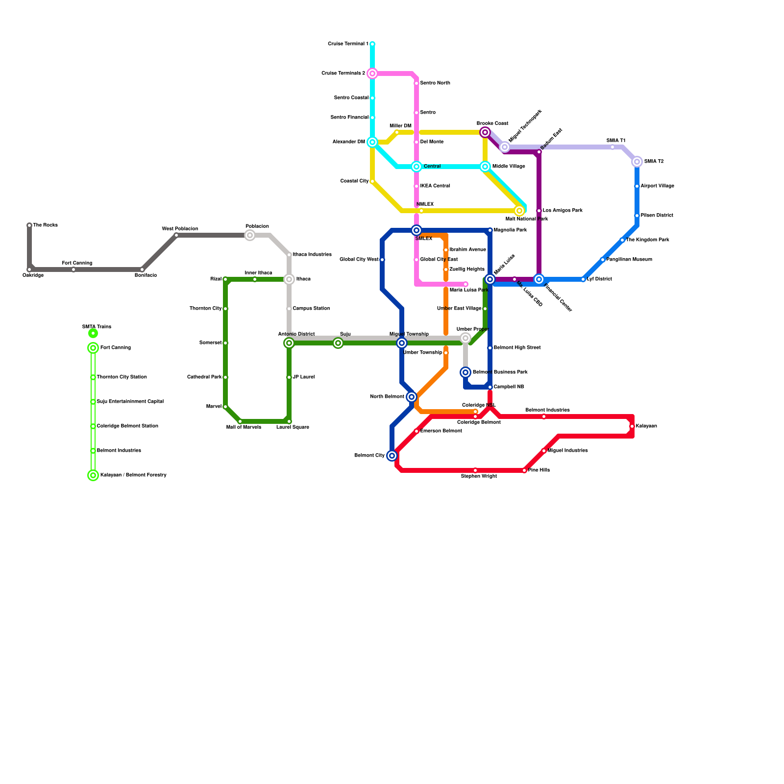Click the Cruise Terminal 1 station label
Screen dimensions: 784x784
[348, 44]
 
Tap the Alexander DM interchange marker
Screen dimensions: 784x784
[372, 142]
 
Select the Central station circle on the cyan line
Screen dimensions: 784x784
[416, 167]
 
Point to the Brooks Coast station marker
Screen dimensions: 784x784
[485, 132]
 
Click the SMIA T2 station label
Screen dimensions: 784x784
[654, 162]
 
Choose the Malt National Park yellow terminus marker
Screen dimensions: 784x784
[519, 211]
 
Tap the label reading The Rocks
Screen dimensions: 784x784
[46, 225]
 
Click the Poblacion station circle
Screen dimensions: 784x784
[250, 235]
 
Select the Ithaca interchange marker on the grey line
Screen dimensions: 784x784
[289, 279]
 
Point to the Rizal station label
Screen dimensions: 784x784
[216, 279]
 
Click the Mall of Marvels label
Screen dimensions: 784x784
[244, 427]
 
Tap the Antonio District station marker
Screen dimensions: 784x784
[289, 343]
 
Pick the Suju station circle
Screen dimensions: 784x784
[338, 343]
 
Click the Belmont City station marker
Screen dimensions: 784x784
[392, 456]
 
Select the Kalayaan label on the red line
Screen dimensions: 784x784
[646, 426]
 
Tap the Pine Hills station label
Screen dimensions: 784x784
[539, 470]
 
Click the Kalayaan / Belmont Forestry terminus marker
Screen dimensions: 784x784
[93, 475]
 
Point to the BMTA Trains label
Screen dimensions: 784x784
[97, 327]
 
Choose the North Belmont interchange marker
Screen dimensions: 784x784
[412, 397]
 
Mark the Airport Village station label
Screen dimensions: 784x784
[657, 186]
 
